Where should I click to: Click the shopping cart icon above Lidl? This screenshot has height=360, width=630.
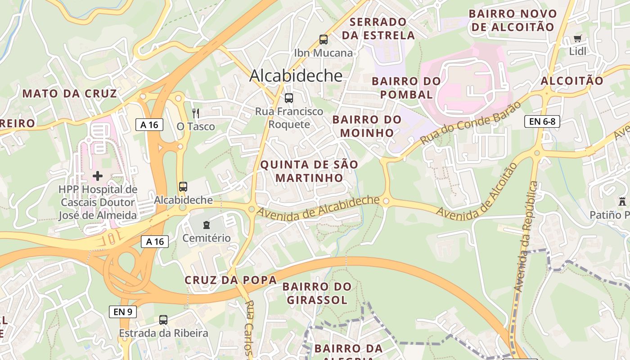578,39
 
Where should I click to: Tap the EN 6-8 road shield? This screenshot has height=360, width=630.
542,121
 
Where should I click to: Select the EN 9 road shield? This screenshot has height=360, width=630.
122,311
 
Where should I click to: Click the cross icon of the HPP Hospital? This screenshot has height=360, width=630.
98,175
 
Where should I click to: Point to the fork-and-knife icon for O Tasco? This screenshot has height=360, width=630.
195,113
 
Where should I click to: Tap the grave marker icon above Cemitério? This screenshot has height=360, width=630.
206,224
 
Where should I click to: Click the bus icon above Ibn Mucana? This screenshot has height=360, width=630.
323,40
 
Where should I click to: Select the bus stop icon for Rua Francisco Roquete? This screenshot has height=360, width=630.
289,98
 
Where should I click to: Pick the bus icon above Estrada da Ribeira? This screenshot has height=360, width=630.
163,320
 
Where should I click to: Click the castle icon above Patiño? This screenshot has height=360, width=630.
622,201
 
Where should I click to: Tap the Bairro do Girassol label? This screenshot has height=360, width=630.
317,293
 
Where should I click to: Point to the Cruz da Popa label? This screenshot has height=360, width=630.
230,280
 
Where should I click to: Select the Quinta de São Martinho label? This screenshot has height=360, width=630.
310,171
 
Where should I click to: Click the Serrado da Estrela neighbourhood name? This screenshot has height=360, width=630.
378,28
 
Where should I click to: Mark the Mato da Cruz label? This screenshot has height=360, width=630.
69,94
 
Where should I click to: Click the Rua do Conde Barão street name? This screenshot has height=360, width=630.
470,123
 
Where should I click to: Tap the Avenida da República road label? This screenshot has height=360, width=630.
526,236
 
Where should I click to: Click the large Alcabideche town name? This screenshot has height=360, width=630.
296,75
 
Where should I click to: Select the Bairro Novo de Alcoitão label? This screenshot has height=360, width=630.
513,20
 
